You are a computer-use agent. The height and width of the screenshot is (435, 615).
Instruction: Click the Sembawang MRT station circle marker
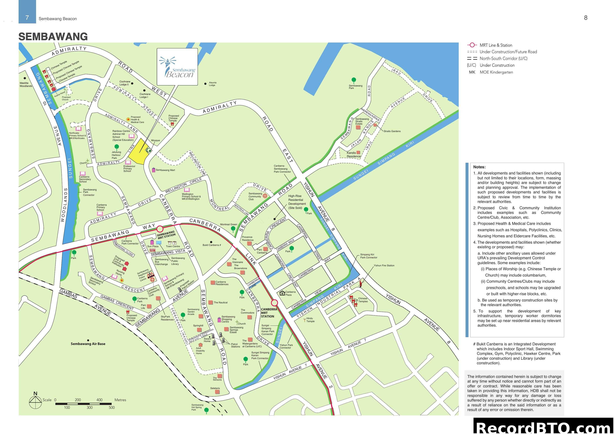pyautogui.click(x=160, y=229)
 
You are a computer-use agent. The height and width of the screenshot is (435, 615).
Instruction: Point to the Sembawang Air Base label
pyautogui.click(x=88, y=344)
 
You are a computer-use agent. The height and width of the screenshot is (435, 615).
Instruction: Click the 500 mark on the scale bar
pyautogui.click(x=112, y=407)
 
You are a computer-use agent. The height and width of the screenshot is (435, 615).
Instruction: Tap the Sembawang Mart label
pyautogui.click(x=165, y=170)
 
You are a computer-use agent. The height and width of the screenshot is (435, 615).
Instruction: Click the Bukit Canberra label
pyautogui.click(x=212, y=245)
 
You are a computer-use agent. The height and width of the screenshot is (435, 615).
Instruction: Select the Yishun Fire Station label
pyautogui.click(x=384, y=265)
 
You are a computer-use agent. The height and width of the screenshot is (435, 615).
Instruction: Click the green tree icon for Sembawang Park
pyautogui.click(x=354, y=80)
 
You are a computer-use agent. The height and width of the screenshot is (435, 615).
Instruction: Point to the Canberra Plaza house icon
pyautogui.click(x=282, y=293)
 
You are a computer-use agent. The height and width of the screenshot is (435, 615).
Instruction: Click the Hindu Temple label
pyautogui.click(x=310, y=320)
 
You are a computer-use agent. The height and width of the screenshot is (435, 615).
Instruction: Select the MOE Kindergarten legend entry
pyautogui.click(x=496, y=72)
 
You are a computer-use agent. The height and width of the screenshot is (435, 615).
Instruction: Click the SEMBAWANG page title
pyautogui.click(x=53, y=36)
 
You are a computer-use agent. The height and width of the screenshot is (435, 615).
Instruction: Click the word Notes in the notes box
pyautogui.click(x=479, y=167)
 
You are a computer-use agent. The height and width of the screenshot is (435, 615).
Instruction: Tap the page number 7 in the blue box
pyautogui.click(x=27, y=18)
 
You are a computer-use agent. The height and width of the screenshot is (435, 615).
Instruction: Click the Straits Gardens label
pyautogui.click(x=392, y=131)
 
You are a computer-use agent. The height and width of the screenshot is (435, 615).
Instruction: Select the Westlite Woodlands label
pyautogui.click(x=26, y=84)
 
